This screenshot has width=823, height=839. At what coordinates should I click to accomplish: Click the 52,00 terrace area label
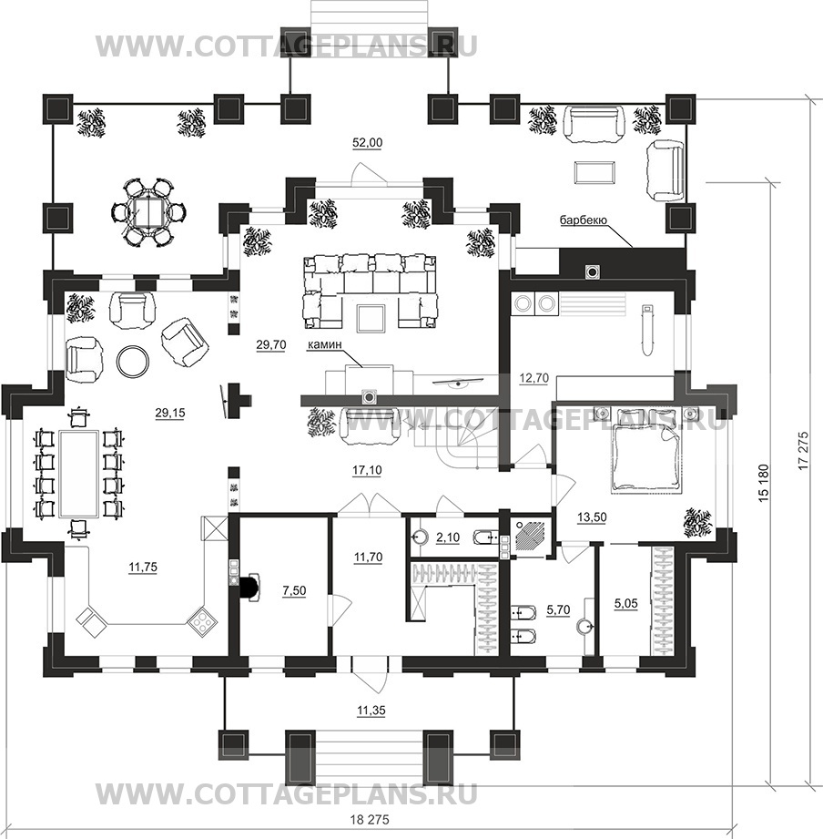(x=368, y=142)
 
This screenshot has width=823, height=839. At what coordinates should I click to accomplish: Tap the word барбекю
(x=583, y=220)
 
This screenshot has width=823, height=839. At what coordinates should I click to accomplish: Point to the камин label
(x=325, y=345)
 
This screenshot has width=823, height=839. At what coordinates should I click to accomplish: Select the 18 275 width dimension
(x=369, y=820)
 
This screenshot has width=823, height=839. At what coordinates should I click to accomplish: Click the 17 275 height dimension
(x=802, y=450)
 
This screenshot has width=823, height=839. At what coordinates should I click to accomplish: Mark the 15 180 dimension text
(x=763, y=484)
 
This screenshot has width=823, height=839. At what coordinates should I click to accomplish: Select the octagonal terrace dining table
(x=143, y=212)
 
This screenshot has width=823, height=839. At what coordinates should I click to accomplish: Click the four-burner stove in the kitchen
(x=203, y=621)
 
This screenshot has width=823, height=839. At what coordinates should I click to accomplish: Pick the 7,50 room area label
(x=294, y=590)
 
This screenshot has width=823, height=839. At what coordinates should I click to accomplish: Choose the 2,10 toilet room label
(x=448, y=537)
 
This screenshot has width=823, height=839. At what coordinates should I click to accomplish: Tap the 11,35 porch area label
(x=371, y=711)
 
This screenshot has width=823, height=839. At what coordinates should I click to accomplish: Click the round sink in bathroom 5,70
(x=584, y=626)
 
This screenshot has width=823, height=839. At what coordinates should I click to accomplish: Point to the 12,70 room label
(x=533, y=378)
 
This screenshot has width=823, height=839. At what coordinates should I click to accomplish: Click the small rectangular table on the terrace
(x=594, y=173)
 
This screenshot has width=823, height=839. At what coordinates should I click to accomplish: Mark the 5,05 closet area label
(x=625, y=604)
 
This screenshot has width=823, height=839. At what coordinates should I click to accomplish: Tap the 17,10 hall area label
(x=367, y=470)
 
